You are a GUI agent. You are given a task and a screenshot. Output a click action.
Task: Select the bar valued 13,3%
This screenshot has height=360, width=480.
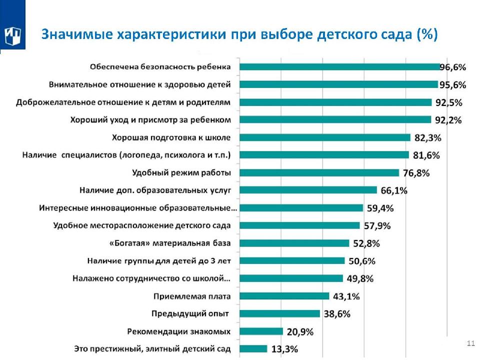click(x=253, y=348)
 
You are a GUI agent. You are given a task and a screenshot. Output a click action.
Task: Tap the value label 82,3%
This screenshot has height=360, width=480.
click(x=427, y=137)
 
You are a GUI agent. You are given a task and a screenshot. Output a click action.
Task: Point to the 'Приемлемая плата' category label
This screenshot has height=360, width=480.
click(x=191, y=296)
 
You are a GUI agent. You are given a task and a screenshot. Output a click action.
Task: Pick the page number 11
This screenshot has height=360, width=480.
click(x=470, y=343)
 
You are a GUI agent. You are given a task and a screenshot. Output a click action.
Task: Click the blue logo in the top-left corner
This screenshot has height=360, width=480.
click(x=12, y=35)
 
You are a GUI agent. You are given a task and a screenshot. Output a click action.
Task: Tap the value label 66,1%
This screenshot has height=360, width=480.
click(x=394, y=190)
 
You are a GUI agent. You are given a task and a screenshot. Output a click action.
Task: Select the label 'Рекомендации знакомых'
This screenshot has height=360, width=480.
click(x=179, y=331)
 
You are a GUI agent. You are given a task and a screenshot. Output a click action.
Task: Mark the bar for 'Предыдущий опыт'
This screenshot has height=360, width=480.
click(x=279, y=313)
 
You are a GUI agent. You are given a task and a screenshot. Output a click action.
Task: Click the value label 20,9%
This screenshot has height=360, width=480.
click(x=300, y=331)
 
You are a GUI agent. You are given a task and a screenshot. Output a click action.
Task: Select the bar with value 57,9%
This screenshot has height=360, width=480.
click(x=299, y=225)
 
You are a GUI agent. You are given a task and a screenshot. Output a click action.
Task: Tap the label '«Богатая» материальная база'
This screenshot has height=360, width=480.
click(x=169, y=243)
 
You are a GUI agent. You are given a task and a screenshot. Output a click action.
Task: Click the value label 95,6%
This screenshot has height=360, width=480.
click(x=452, y=85)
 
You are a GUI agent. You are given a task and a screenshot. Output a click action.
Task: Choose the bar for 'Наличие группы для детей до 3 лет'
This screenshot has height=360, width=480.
click(x=292, y=260)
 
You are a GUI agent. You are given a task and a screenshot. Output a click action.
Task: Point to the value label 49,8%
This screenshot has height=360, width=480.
click(x=360, y=278)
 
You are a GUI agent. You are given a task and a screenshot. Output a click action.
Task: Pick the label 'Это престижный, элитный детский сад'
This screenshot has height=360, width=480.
click(x=152, y=348)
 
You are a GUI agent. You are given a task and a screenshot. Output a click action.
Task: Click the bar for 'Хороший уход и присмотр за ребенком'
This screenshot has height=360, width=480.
click(x=335, y=119)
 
